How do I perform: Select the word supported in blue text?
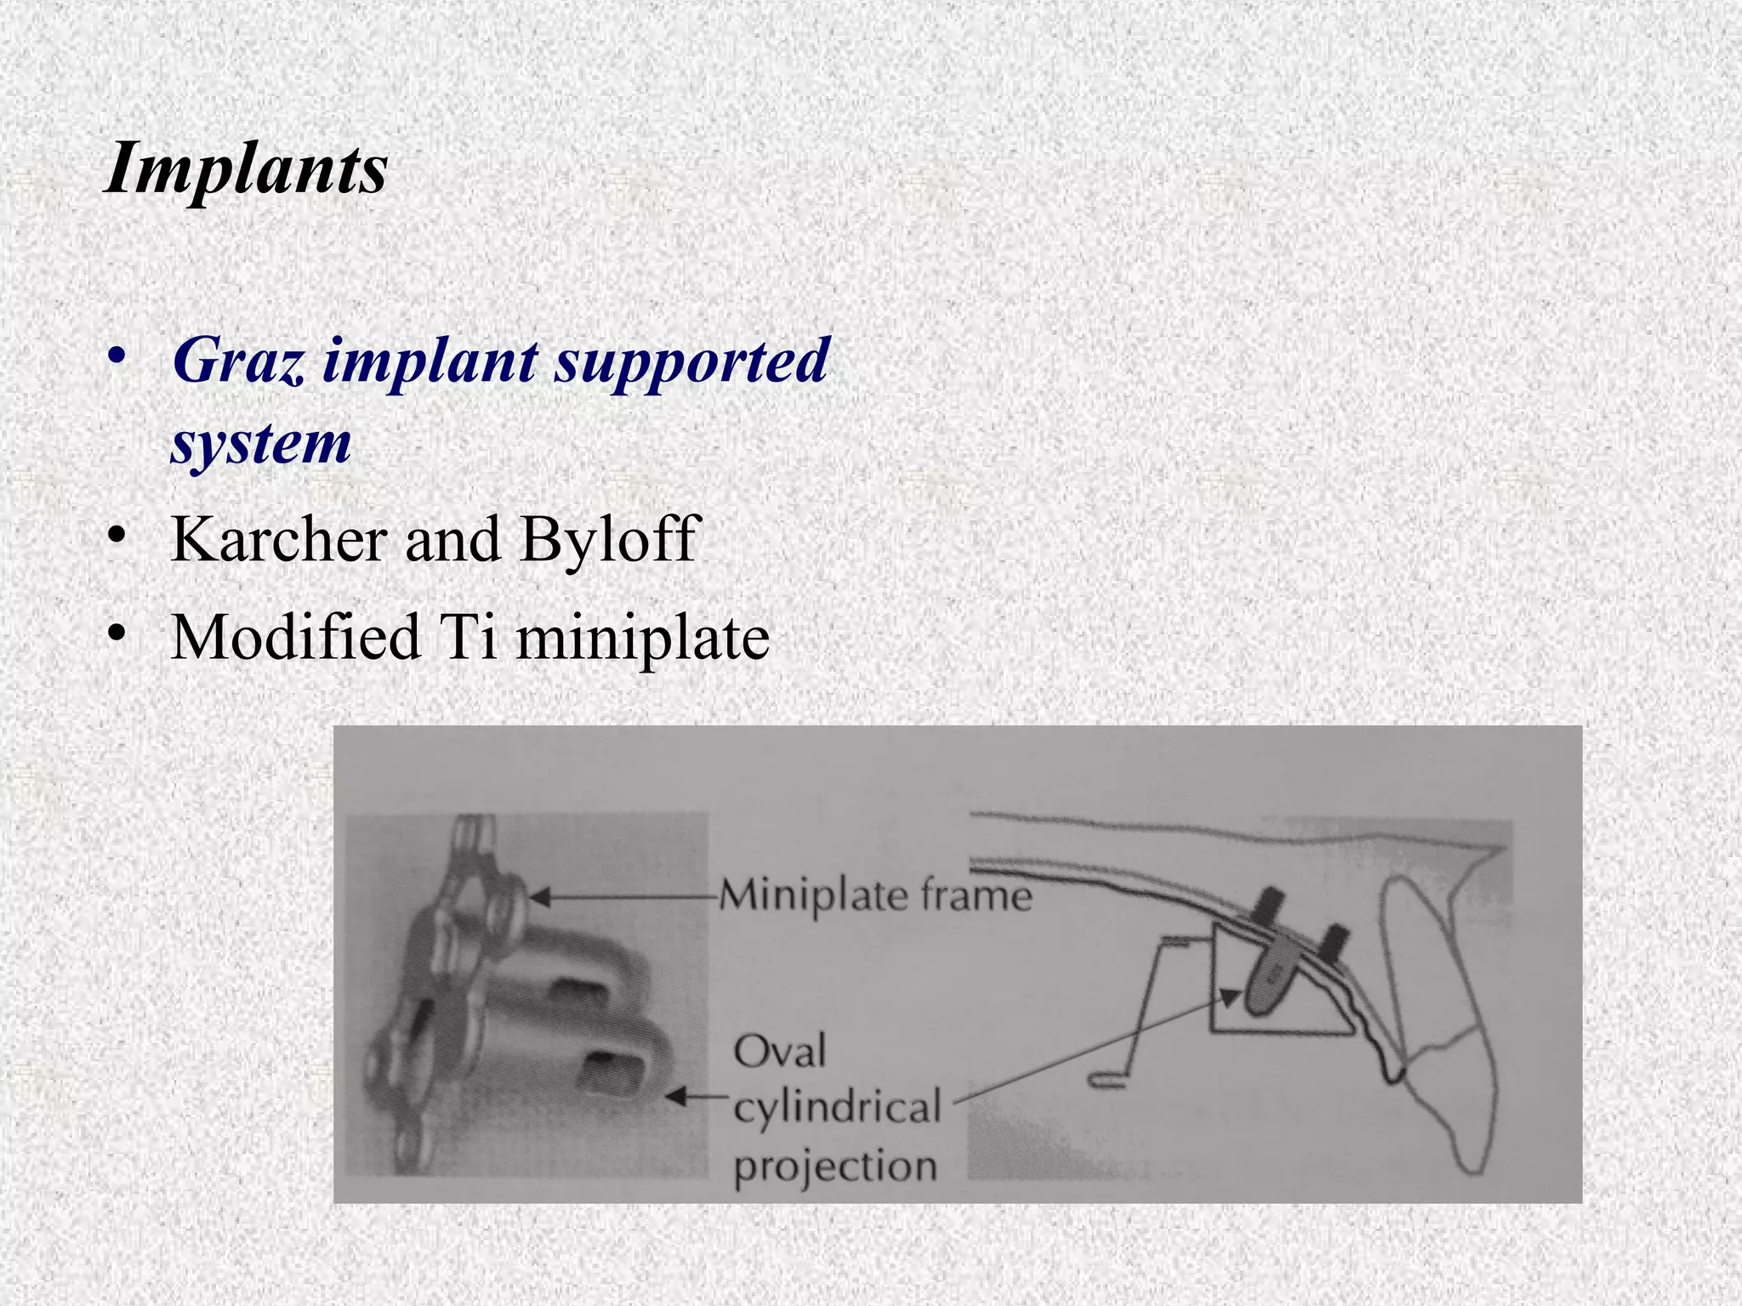(x=692, y=361)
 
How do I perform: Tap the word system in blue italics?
(x=261, y=443)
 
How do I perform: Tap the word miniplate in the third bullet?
(x=642, y=638)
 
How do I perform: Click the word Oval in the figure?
(x=779, y=1052)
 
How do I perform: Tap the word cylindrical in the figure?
(x=837, y=1108)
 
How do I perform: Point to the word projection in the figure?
(x=834, y=1166)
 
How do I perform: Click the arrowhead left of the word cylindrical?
(x=675, y=1098)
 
